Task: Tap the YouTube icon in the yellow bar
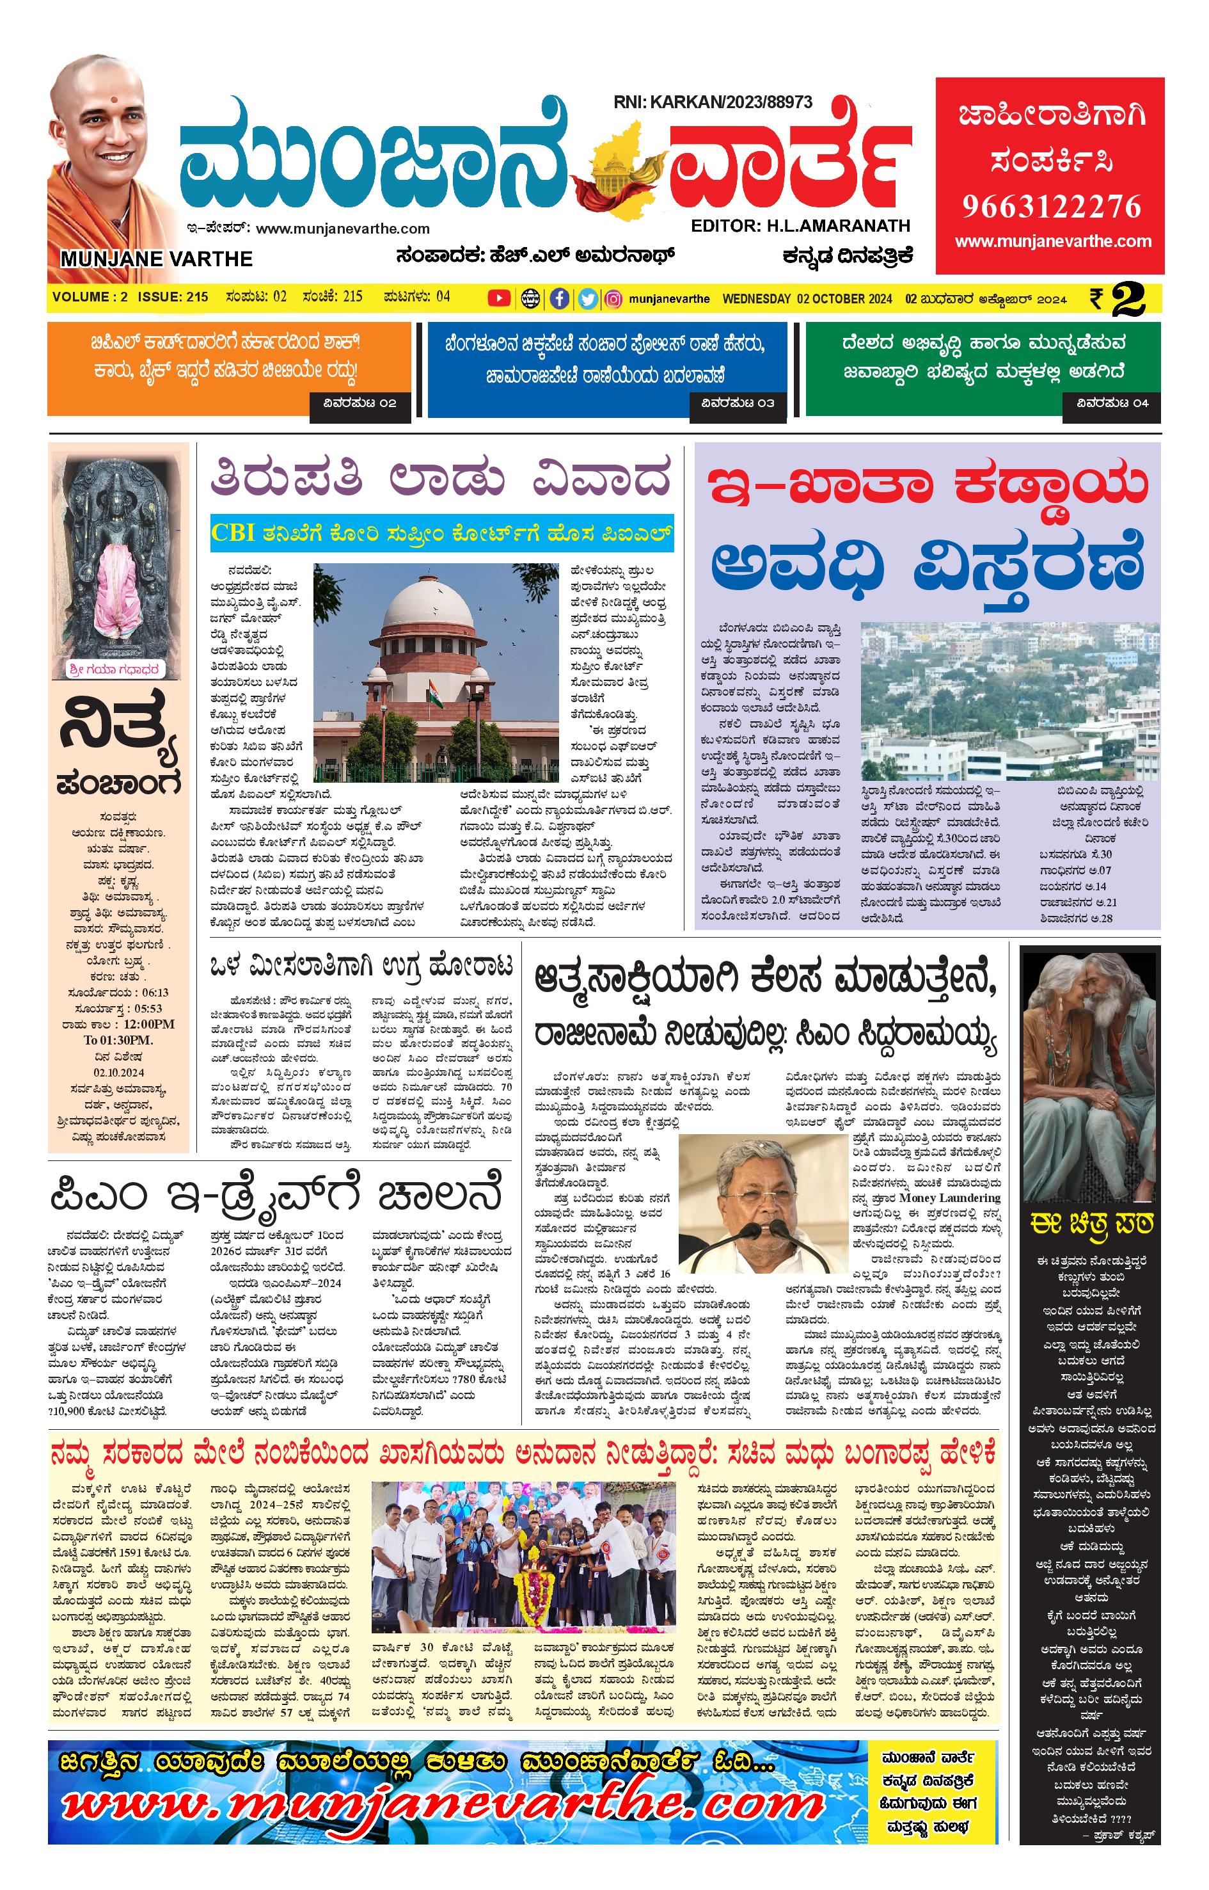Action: pos(498,298)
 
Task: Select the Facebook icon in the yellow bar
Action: pos(559,298)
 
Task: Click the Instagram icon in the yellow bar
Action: pos(615,298)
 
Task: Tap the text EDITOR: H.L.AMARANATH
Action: pos(800,225)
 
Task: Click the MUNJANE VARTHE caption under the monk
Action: pos(156,259)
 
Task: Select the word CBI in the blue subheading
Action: pos(232,533)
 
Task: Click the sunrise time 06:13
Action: pos(155,992)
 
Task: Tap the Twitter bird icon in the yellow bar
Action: pos(587,298)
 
